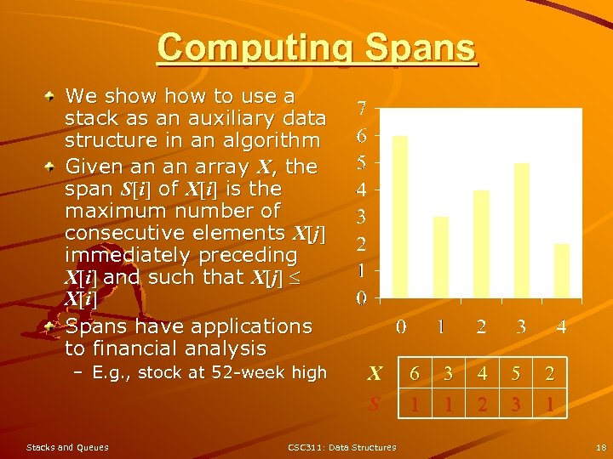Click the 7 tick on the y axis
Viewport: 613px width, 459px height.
point(362,109)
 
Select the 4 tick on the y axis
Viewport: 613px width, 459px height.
point(362,190)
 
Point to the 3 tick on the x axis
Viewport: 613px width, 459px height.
point(521,326)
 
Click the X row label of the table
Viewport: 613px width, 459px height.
point(374,373)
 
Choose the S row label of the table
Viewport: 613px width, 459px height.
point(374,405)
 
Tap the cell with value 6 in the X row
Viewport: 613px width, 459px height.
point(415,373)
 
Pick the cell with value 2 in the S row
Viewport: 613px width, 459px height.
point(483,405)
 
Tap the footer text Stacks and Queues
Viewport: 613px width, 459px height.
point(67,447)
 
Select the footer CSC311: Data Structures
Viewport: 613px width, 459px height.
point(341,447)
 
